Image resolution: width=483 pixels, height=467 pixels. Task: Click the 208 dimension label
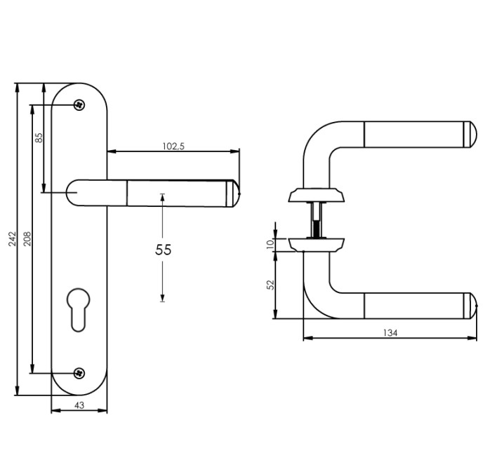coord(27,239)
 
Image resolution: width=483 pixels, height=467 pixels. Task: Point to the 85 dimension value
coord(39,138)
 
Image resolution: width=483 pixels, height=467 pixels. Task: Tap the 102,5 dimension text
coord(173,147)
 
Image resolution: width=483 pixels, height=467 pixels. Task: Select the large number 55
coord(162,249)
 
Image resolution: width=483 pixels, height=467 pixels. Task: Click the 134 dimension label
coord(391,333)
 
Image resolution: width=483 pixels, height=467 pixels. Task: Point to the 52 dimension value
coord(271,285)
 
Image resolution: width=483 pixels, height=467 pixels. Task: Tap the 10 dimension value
coord(271,243)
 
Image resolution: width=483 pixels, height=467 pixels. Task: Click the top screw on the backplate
coord(79,105)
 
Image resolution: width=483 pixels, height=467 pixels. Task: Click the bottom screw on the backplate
coord(79,372)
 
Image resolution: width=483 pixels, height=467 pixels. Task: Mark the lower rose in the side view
coord(315,244)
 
